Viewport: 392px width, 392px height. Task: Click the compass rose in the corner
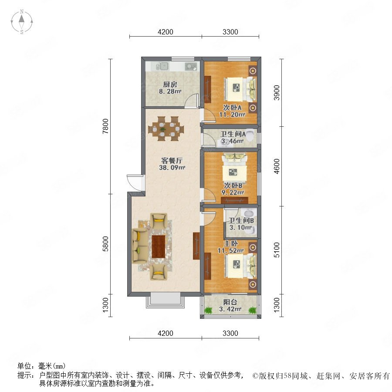pyautogui.click(x=22, y=22)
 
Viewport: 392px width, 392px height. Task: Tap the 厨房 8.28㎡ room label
pyautogui.click(x=170, y=88)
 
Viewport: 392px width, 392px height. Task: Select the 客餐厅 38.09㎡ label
pyautogui.click(x=172, y=164)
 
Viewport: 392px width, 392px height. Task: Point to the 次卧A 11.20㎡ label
pyautogui.click(x=232, y=111)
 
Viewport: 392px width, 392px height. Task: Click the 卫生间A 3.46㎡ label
pyautogui.click(x=233, y=137)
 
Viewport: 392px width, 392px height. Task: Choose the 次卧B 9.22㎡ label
pyautogui.click(x=233, y=189)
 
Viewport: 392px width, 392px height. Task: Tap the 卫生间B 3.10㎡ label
pyautogui.click(x=241, y=224)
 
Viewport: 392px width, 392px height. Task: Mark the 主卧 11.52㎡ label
pyautogui.click(x=231, y=247)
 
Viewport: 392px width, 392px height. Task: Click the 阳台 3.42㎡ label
pyautogui.click(x=230, y=305)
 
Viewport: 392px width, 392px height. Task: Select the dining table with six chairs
pyautogui.click(x=166, y=129)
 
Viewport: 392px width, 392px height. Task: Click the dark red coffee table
pyautogui.click(x=159, y=246)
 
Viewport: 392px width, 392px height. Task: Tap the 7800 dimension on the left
pyautogui.click(x=106, y=126)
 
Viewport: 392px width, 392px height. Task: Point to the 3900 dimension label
pyautogui.click(x=277, y=92)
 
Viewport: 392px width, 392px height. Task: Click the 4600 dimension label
pyautogui.click(x=277, y=166)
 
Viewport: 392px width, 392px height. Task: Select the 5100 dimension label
pyautogui.click(x=277, y=250)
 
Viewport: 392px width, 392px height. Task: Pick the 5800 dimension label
pyautogui.click(x=106, y=244)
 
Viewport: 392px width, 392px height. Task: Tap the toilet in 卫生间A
pyautogui.click(x=250, y=134)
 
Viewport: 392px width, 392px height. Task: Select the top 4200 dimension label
pyautogui.click(x=166, y=32)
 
